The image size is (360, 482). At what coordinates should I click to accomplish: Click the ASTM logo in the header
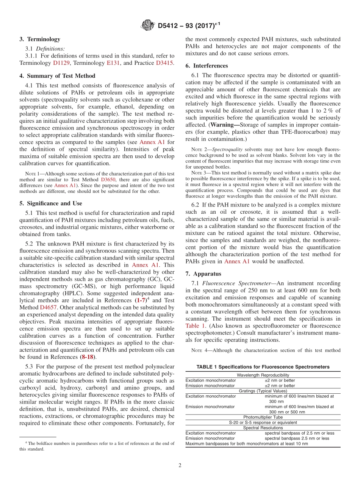[147, 25]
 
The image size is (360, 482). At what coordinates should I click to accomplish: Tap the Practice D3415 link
[165, 63]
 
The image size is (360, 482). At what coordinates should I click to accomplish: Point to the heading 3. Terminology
[40, 39]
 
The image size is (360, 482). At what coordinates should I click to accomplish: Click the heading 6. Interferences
[207, 66]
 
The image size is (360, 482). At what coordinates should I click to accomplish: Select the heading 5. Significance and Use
[51, 203]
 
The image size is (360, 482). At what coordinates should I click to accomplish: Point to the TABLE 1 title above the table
[263, 366]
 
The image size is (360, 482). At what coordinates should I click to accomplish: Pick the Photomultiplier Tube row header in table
[263, 417]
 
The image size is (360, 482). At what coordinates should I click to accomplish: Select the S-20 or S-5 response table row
[263, 422]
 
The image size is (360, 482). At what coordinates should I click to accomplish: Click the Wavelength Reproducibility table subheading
[263, 375]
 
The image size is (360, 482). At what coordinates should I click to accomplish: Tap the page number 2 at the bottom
[180, 465]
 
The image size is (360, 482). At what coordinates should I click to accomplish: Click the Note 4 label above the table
[199, 350]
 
